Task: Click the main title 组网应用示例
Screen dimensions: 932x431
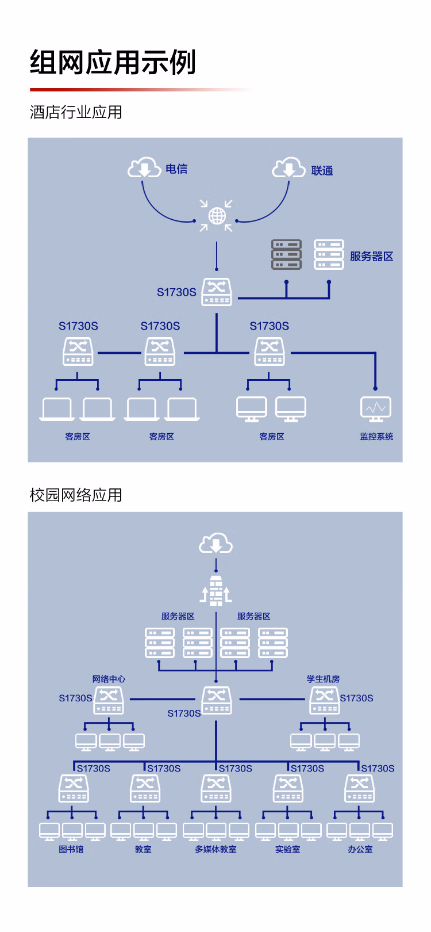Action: pyautogui.click(x=113, y=62)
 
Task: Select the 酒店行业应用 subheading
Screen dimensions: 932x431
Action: pyautogui.click(x=76, y=112)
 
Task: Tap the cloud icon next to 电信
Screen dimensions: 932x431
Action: pyautogui.click(x=144, y=167)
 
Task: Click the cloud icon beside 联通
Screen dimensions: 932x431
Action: pyautogui.click(x=288, y=167)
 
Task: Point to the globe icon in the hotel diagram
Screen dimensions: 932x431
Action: pyautogui.click(x=217, y=216)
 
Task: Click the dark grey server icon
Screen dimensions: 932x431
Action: pyautogui.click(x=286, y=254)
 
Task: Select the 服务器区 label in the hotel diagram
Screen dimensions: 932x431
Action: pyautogui.click(x=371, y=257)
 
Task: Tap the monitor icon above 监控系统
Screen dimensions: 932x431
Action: pyautogui.click(x=376, y=409)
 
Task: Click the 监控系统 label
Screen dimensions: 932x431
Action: pyautogui.click(x=376, y=437)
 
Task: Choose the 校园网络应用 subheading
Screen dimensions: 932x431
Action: pyautogui.click(x=76, y=495)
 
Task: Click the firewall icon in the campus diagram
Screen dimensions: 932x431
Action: pyautogui.click(x=216, y=590)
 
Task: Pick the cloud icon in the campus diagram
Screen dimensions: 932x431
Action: pyautogui.click(x=215, y=544)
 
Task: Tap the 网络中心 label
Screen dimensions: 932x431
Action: pyautogui.click(x=109, y=679)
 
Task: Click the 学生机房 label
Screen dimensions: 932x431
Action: pyautogui.click(x=323, y=679)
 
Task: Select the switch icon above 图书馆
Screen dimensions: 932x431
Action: pyautogui.click(x=74, y=788)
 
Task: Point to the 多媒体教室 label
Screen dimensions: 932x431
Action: pyautogui.click(x=215, y=849)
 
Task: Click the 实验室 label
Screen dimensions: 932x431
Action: pyautogui.click(x=287, y=849)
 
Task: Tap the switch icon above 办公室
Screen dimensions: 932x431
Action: pyautogui.click(x=359, y=788)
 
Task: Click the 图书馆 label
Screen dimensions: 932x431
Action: pyautogui.click(x=71, y=849)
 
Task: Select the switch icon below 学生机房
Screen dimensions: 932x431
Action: pyautogui.click(x=324, y=700)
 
